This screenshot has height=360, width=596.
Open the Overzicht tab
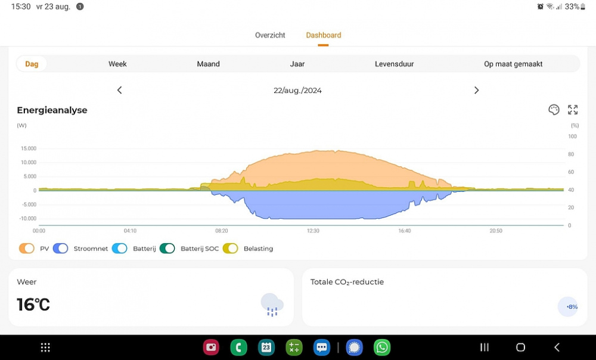[270, 35]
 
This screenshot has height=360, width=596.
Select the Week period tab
[117, 64]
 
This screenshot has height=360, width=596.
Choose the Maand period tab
[209, 64]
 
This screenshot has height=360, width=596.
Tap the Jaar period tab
[297, 64]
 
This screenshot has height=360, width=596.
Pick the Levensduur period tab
[394, 64]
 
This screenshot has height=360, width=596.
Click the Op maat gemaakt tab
[513, 64]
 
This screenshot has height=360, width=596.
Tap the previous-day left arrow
[119, 90]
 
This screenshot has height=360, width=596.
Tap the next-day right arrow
[476, 90]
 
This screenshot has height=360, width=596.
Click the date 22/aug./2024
[297, 91]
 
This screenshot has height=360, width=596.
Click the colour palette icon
[554, 110]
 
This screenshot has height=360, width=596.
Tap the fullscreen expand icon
[573, 110]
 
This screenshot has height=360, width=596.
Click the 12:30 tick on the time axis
[313, 231]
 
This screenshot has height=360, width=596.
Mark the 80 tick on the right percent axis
[572, 154]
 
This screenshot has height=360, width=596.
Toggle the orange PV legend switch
[27, 249]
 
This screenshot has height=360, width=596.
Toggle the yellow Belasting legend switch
[230, 249]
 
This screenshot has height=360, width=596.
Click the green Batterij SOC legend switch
[167, 249]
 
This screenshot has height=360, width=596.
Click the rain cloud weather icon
[272, 305]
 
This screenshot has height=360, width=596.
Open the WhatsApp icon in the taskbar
[381, 347]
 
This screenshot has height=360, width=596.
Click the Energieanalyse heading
[52, 110]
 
